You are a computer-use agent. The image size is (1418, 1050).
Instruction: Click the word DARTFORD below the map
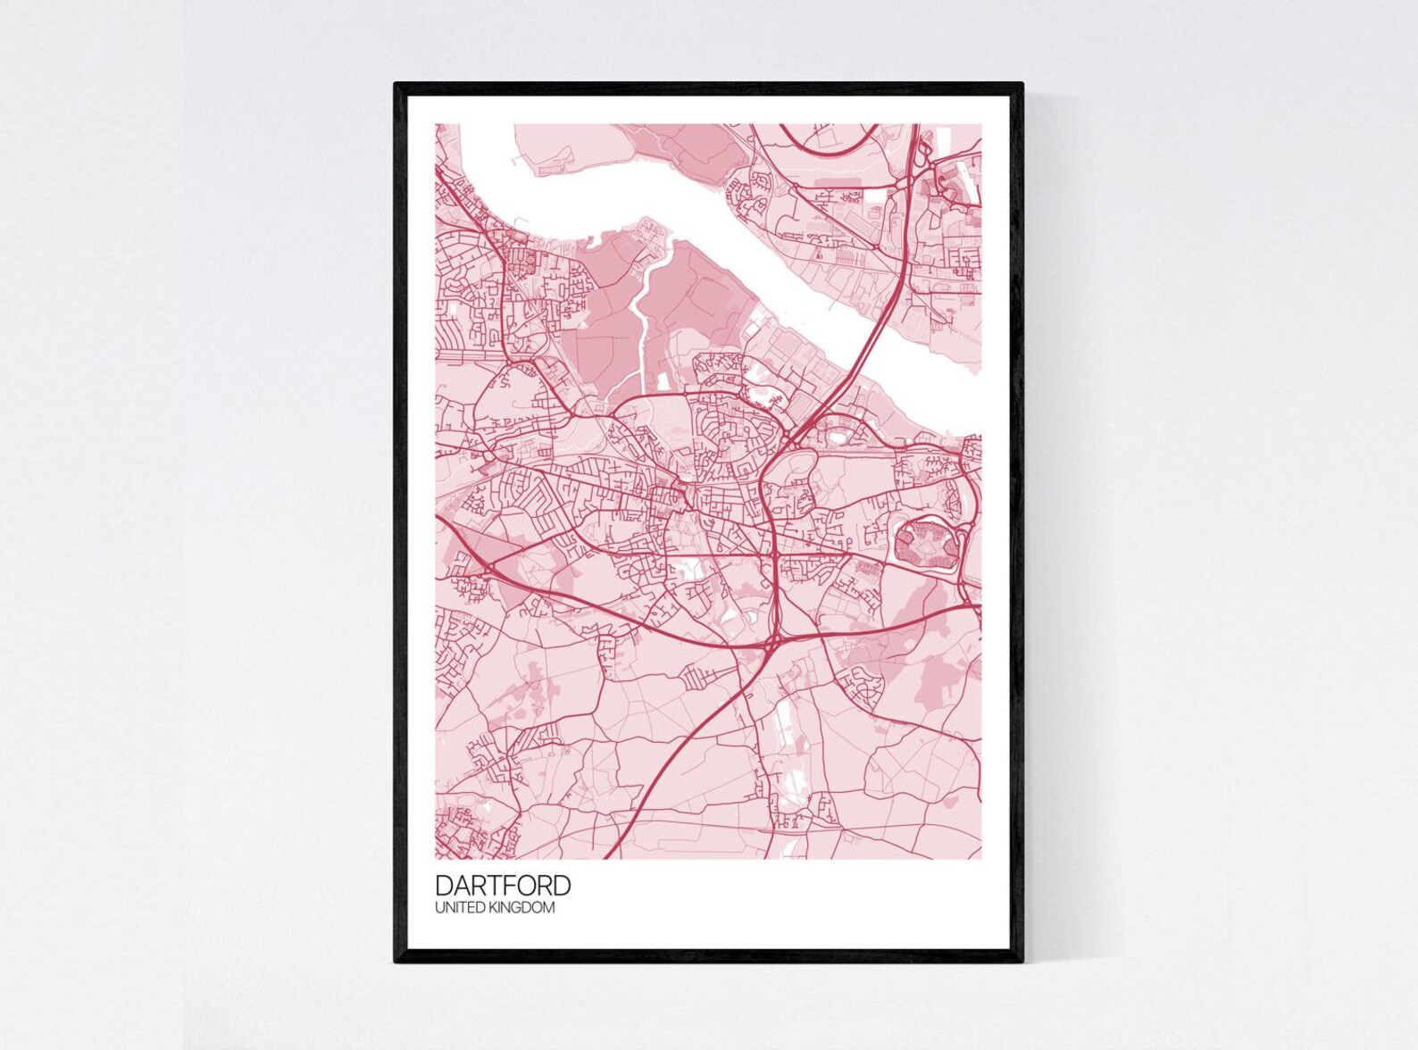pos(503,886)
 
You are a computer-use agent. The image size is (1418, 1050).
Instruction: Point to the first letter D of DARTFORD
pos(443,886)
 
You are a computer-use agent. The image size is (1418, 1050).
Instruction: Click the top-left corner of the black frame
pos(396,85)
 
